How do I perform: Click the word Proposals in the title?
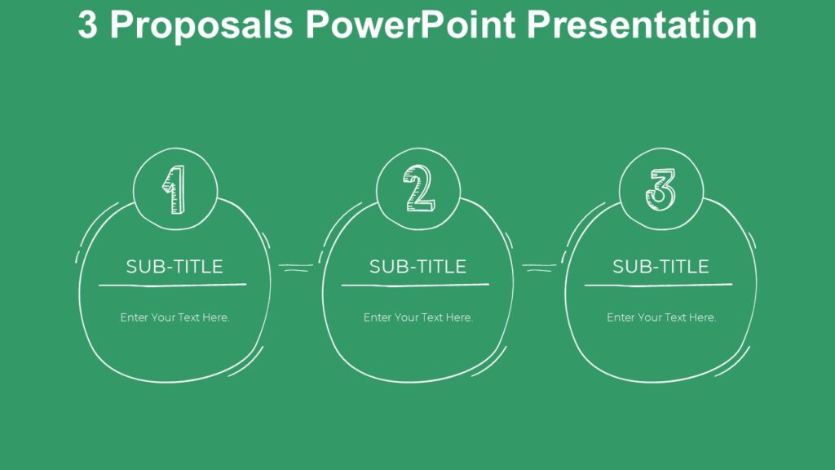tap(201, 25)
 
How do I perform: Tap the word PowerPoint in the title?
tap(410, 25)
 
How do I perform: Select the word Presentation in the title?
tap(642, 25)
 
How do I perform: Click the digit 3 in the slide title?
tap(88, 25)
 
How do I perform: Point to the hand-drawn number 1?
tap(175, 190)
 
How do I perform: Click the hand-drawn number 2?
tap(419, 189)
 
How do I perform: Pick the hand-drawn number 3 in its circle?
tap(660, 189)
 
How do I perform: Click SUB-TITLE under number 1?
tap(175, 267)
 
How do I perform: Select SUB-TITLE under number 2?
tap(417, 267)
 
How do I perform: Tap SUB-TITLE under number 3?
tap(660, 267)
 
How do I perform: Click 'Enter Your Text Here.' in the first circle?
tap(175, 317)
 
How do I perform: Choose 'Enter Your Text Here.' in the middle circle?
tap(417, 317)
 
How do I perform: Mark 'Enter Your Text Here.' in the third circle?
tap(661, 317)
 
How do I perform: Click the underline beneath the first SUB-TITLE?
tap(173, 285)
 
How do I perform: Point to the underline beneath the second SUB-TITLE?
tap(415, 285)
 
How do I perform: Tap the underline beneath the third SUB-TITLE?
tap(658, 285)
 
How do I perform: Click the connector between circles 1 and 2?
tap(296, 266)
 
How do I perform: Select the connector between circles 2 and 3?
tap(539, 266)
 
